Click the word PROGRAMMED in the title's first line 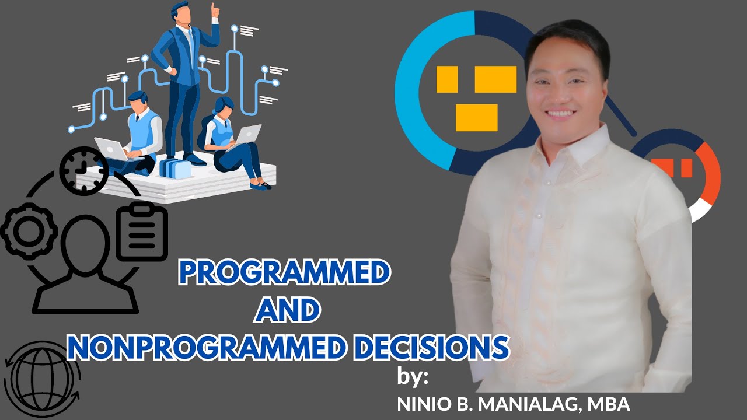click(x=284, y=272)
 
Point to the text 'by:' click(x=413, y=377)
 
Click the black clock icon click(x=83, y=170)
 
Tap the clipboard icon click(x=142, y=232)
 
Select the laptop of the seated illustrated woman click(x=249, y=135)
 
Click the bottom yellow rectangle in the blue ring click(x=476, y=117)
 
